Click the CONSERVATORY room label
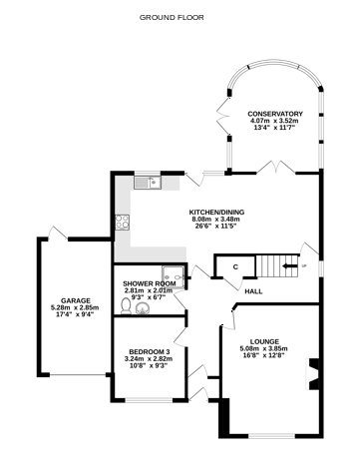[274, 114]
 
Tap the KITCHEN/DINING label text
[217, 213]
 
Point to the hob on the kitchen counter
[123, 223]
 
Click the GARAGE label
[76, 300]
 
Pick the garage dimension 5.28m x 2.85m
[76, 308]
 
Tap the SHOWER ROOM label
[149, 283]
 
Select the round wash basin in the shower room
[148, 307]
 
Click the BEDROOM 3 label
[148, 352]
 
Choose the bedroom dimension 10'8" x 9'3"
[148, 367]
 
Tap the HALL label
[253, 290]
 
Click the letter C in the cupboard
[235, 266]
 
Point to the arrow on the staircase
[290, 266]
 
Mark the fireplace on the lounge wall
[312, 374]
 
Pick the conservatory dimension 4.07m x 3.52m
[274, 121]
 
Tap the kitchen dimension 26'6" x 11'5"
[217, 227]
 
